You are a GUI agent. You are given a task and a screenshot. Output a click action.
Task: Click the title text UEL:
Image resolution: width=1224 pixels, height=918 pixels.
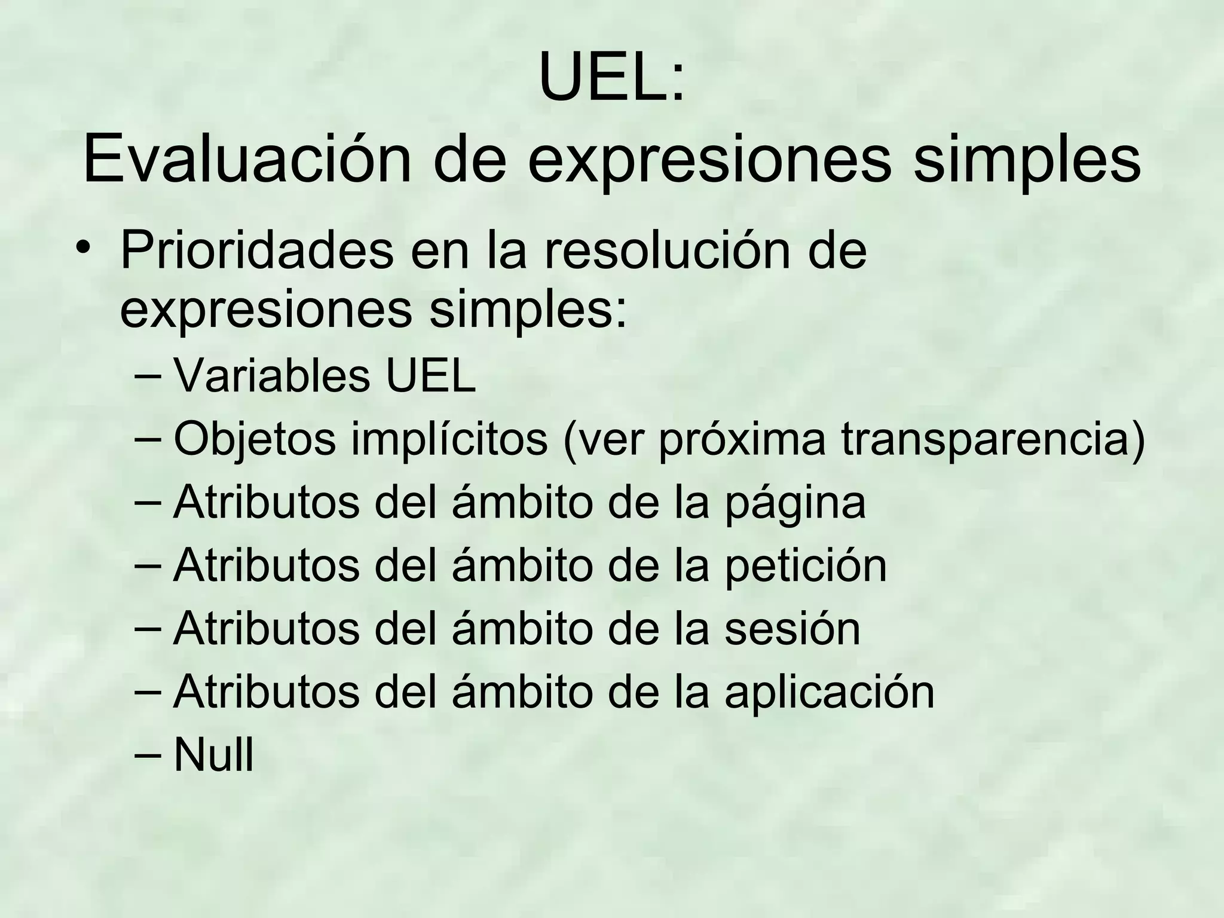coord(611,78)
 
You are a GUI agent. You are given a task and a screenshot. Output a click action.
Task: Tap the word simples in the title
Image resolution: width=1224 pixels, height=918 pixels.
coord(1027,160)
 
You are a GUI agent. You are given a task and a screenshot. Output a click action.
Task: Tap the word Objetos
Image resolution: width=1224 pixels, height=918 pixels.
coord(255,439)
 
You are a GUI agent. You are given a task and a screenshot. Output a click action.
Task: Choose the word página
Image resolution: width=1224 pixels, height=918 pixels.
coord(795,503)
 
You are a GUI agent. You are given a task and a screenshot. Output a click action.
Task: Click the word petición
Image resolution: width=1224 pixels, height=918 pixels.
coord(806,566)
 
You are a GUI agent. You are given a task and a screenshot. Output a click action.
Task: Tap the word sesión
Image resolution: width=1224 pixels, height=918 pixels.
coord(792,629)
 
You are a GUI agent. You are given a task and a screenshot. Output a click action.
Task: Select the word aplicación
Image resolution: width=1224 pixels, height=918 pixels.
coord(829,692)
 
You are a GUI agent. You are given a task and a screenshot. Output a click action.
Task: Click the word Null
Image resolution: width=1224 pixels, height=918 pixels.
coord(213,755)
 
